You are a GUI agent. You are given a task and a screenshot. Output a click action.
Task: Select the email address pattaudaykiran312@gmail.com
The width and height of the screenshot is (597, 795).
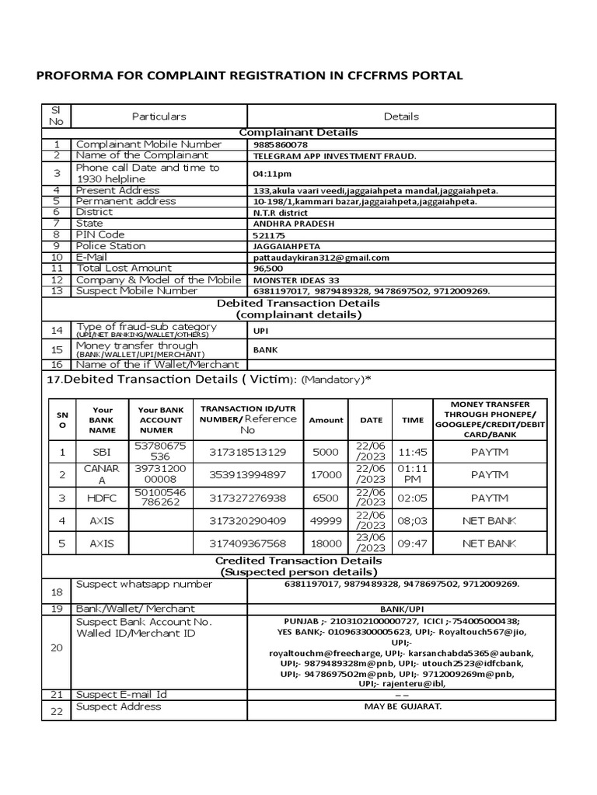pyautogui.click(x=321, y=258)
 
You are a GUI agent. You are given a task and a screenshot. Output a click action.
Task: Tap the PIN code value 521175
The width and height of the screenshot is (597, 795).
pyautogui.click(x=269, y=235)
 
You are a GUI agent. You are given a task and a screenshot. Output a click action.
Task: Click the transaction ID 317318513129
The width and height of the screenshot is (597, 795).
pyautogui.click(x=248, y=451)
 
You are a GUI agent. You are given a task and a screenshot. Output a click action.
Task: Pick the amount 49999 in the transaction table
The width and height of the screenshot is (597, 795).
pyautogui.click(x=326, y=520)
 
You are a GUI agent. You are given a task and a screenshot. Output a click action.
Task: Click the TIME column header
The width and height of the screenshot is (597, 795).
pyautogui.click(x=413, y=420)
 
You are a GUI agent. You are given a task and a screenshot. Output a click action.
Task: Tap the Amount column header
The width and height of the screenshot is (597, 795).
pyautogui.click(x=326, y=420)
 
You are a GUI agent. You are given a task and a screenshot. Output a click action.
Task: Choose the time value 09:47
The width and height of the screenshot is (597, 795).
pyautogui.click(x=413, y=543)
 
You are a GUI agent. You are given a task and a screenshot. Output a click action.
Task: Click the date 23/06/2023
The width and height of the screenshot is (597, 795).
pyautogui.click(x=372, y=543)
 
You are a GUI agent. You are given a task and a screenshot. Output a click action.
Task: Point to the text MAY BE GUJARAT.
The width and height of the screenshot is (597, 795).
pyautogui.click(x=402, y=706)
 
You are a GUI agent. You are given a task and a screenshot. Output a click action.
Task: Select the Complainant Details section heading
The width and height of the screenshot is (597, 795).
pyautogui.click(x=298, y=133)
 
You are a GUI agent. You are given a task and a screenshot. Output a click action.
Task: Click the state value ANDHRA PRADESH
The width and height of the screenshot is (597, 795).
pyautogui.click(x=291, y=224)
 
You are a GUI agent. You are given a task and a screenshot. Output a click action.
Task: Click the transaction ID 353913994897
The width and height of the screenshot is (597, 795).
pyautogui.click(x=248, y=474)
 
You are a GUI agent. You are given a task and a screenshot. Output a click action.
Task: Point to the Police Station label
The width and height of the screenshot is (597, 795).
pyautogui.click(x=110, y=246)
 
